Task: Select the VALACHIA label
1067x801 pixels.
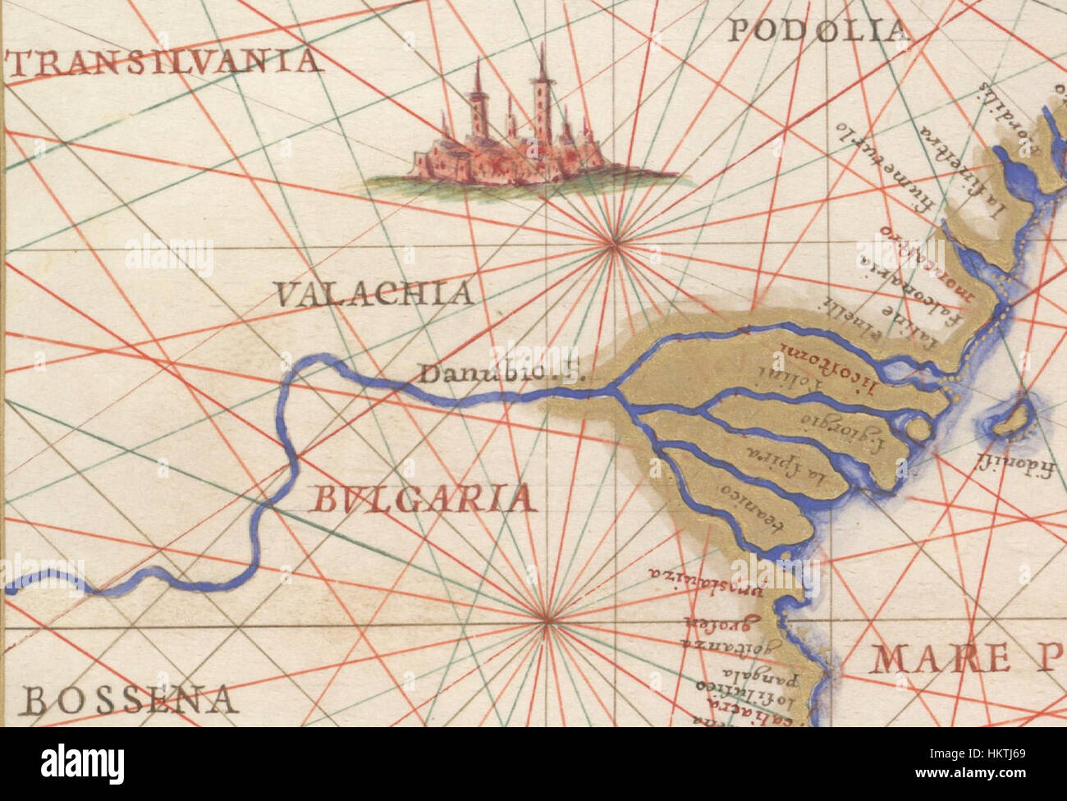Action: (x=373, y=293)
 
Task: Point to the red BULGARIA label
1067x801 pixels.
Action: (x=419, y=499)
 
